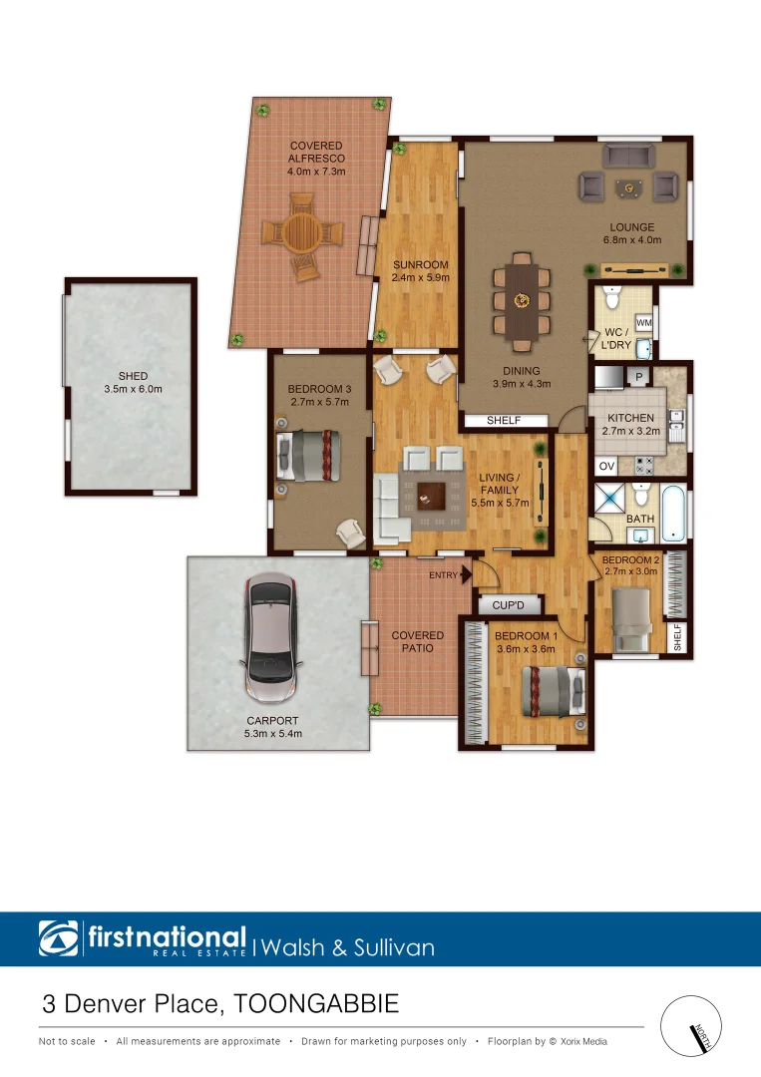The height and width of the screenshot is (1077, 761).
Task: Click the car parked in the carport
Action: pyautogui.click(x=271, y=639)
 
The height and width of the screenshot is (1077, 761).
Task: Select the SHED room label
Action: pyautogui.click(x=133, y=377)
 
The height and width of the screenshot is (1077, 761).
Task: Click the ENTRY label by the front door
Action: pyautogui.click(x=443, y=575)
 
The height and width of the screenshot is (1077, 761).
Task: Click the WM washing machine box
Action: pyautogui.click(x=643, y=323)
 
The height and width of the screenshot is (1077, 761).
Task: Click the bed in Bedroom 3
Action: pyautogui.click(x=311, y=455)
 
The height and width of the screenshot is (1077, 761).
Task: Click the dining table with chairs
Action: pyautogui.click(x=521, y=297)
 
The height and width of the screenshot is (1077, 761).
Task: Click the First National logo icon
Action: pyautogui.click(x=60, y=939)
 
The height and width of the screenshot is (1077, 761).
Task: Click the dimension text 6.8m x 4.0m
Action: pyautogui.click(x=632, y=240)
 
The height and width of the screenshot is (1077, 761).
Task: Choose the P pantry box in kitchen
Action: pyautogui.click(x=635, y=376)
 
